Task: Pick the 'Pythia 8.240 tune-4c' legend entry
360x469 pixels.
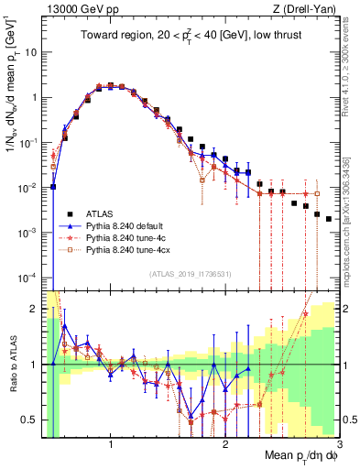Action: [125, 235]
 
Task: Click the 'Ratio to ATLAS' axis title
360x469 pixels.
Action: [12, 365]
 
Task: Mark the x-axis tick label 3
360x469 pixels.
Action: [339, 445]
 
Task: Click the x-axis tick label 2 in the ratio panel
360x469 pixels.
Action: [225, 445]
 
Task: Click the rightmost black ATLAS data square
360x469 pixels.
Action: [329, 218]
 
